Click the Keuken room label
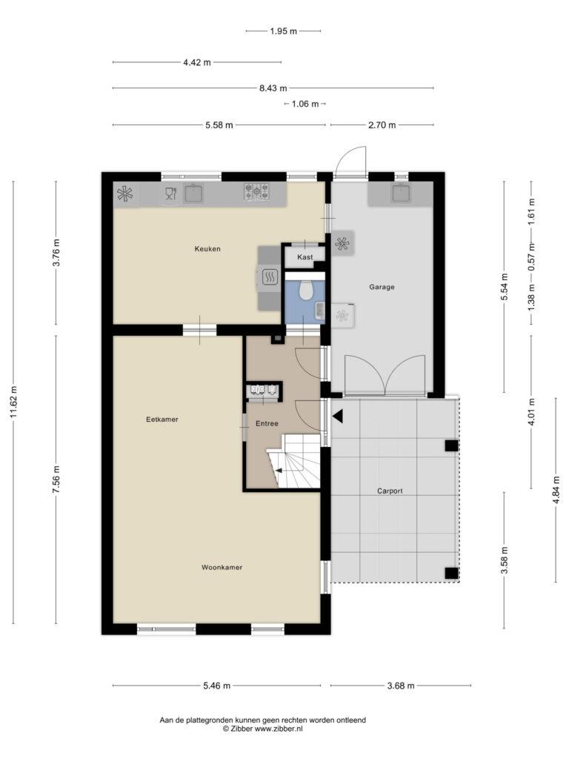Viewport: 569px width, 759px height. pos(207,249)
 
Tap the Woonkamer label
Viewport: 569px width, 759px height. pos(222,567)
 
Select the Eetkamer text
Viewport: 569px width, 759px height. pos(162,420)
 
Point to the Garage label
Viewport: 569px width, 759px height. pos(382,287)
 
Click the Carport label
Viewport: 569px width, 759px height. pos(390,491)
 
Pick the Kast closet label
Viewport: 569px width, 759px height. pos(305,257)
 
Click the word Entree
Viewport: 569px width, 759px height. pos(267,423)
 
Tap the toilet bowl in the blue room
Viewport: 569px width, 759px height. pos(305,291)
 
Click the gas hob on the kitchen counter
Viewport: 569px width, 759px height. pos(256,192)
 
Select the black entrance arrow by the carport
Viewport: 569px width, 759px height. pos(337,416)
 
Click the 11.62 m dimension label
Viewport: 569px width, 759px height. pos(13,402)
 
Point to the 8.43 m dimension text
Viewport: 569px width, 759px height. pos(273,88)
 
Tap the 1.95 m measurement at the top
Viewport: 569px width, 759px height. pos(284,31)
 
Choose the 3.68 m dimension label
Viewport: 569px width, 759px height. pos(401,686)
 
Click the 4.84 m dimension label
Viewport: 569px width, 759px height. pos(556,490)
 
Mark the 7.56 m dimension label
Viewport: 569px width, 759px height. pos(56,480)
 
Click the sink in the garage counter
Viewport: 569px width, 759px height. pos(401,193)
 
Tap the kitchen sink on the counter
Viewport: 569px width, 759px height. pos(193,193)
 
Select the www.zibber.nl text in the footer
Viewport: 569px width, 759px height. pos(279,729)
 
